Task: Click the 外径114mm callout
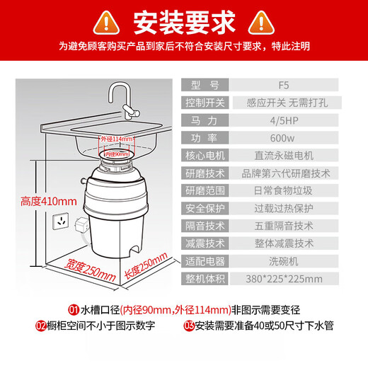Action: pyautogui.click(x=118, y=139)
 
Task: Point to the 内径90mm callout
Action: pyautogui.click(x=117, y=154)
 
